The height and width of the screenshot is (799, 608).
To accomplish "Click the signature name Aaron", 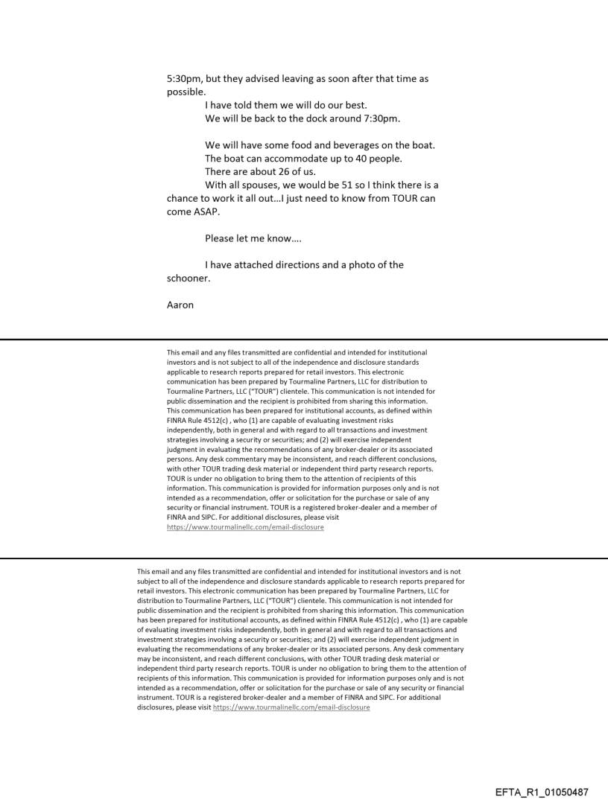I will coord(180,305).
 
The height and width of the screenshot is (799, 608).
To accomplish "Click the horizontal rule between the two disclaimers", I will coord(304,557).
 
